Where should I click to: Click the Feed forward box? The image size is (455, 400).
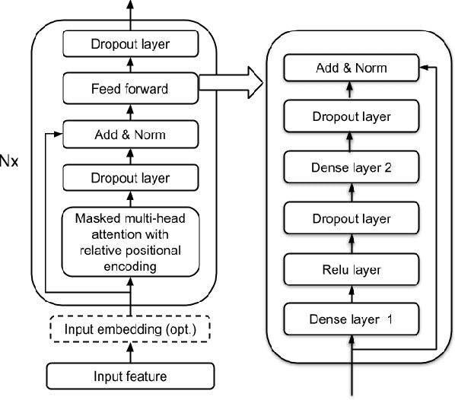[129, 89]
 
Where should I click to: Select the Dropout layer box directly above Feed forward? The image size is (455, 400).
[129, 45]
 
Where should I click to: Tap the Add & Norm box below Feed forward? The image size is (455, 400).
[129, 135]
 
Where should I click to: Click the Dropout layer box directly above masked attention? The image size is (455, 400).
[129, 179]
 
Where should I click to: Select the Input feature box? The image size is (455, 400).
[129, 376]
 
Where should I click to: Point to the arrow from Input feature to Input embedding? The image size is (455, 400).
[129, 352]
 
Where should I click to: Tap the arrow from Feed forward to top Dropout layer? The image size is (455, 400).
[129, 67]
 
